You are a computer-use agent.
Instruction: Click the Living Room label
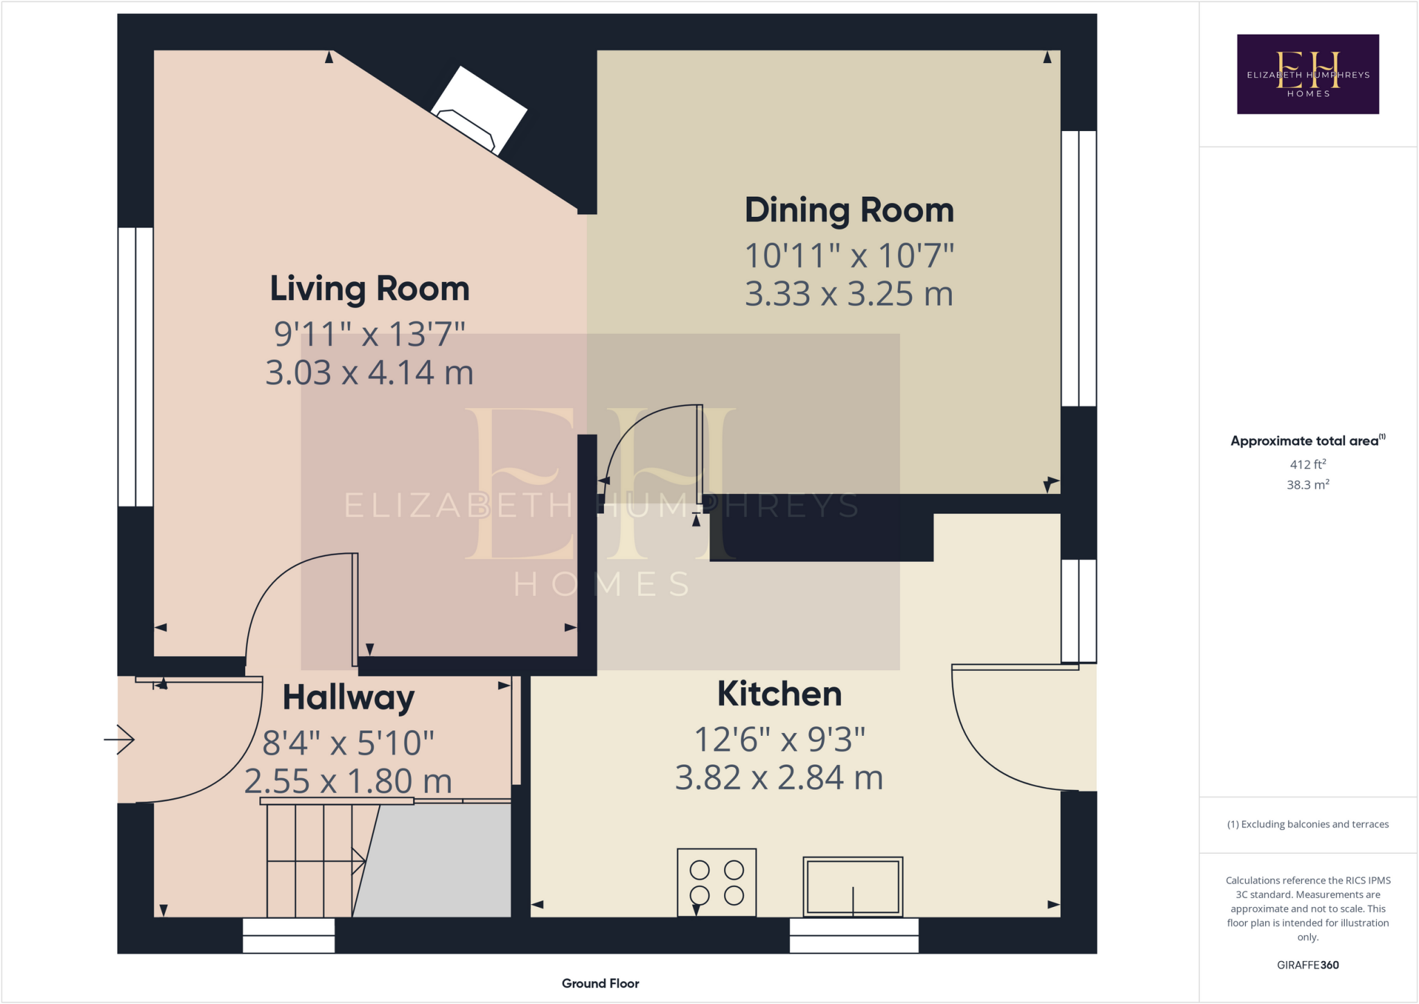coord(369,289)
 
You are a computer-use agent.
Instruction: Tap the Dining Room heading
coord(849,211)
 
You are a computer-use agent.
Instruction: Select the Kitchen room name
coord(779,694)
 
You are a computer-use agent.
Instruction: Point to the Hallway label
coord(348,698)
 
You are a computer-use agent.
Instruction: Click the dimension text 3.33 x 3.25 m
coord(849,294)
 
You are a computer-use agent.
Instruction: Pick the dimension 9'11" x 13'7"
coord(369,335)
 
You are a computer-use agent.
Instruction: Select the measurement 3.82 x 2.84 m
coord(779,778)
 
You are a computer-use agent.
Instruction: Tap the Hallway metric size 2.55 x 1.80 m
coord(348,782)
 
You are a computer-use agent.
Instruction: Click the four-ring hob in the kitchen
coord(716,882)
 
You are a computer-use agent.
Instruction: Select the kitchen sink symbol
coord(852,887)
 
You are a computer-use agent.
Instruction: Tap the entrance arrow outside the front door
coord(119,739)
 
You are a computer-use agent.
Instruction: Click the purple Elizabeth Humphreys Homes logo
coord(1307,74)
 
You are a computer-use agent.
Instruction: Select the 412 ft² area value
coord(1307,464)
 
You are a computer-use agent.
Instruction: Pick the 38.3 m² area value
coord(1307,485)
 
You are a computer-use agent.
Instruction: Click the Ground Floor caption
coord(600,983)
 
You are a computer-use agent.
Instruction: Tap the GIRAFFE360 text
coord(1307,965)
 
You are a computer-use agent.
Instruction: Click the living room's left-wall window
coord(135,367)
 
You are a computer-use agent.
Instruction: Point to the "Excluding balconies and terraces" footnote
coord(1307,825)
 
